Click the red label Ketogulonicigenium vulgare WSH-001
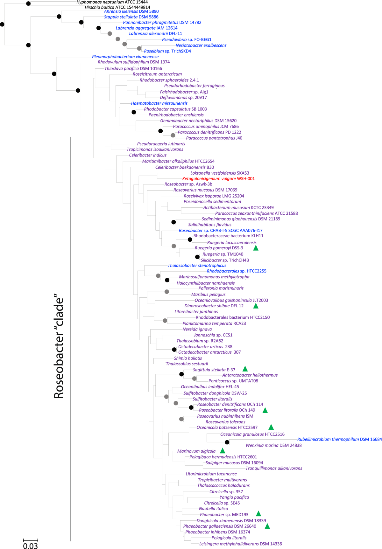tap(218, 179)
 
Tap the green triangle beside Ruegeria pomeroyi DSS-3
tap(256, 248)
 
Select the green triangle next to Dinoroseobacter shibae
tap(256, 306)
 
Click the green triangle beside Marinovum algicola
tap(223, 451)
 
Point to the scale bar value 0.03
tap(30, 546)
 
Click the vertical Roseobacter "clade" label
tap(59, 348)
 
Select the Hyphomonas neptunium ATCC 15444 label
tap(112, 2)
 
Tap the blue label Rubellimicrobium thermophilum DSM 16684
tap(339, 439)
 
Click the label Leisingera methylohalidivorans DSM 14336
tap(240, 544)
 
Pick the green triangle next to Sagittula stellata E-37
tap(245, 369)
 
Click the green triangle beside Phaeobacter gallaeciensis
tap(267, 526)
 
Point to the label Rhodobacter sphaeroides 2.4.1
tap(169, 80)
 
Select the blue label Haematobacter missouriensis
tap(159, 103)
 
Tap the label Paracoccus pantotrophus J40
tap(214, 138)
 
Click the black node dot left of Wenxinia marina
tap(227, 442)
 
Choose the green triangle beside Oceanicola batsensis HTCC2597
tap(271, 427)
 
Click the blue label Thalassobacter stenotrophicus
tap(197, 266)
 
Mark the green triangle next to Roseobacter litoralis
tap(265, 410)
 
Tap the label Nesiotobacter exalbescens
tap(201, 45)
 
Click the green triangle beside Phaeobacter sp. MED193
tap(258, 514)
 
